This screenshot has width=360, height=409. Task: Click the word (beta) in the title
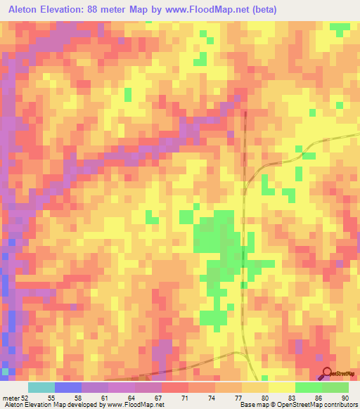264,9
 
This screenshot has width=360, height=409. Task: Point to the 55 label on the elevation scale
51,397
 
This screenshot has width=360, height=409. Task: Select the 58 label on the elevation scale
78,397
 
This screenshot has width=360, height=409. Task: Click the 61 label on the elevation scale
105,397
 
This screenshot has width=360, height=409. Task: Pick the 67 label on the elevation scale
158,397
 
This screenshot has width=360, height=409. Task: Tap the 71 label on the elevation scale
185,397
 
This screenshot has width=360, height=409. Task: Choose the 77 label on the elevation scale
238,397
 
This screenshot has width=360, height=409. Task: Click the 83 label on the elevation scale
292,397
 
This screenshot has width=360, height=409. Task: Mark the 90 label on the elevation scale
345,397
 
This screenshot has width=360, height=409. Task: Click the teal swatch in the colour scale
41,387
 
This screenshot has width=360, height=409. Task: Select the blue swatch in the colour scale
68,387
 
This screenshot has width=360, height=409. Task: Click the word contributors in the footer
338,405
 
